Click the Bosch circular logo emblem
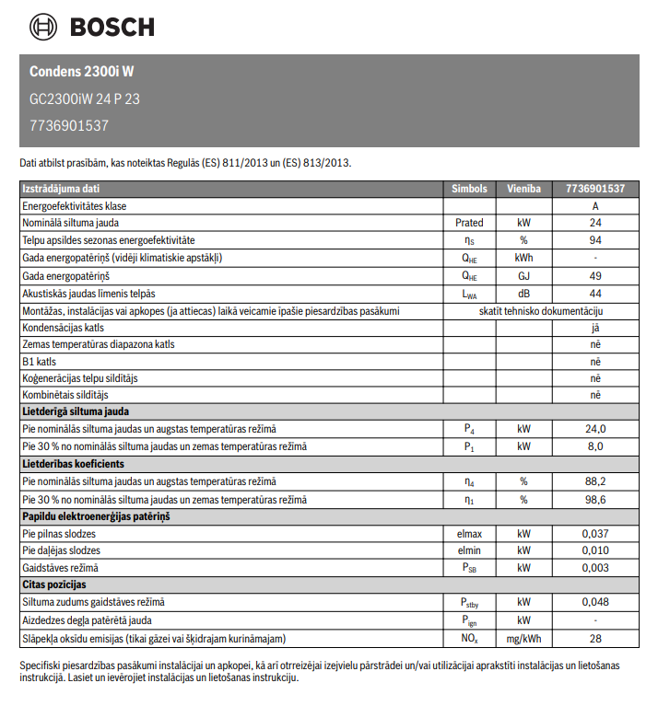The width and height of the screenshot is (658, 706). (x=43, y=27)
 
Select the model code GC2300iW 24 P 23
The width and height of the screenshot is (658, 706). (x=85, y=98)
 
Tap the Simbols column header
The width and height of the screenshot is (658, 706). (x=469, y=189)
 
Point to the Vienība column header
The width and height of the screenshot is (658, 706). (x=523, y=189)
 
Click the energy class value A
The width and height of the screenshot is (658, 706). (x=595, y=206)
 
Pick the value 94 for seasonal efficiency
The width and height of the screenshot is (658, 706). (x=595, y=240)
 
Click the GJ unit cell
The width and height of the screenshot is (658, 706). (x=523, y=275)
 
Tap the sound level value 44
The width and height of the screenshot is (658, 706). (x=595, y=293)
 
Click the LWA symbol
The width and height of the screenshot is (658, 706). (x=469, y=293)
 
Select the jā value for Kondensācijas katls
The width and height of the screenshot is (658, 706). (x=595, y=328)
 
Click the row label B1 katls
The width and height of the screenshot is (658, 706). (x=39, y=362)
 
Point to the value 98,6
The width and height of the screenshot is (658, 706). (x=595, y=500)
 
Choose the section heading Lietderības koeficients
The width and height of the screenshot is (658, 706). (x=73, y=464)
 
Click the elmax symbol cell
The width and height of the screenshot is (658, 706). (x=469, y=534)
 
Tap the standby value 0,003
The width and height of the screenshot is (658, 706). (x=595, y=568)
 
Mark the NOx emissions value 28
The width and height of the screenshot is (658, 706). (x=595, y=638)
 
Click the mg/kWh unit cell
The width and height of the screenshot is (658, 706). (x=523, y=638)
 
